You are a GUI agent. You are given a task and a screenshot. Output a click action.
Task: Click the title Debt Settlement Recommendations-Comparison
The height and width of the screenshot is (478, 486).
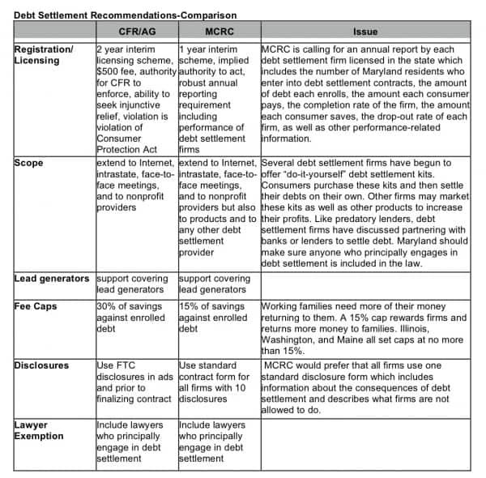[126, 15]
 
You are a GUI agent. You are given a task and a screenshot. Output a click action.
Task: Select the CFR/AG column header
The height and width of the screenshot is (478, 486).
[135, 32]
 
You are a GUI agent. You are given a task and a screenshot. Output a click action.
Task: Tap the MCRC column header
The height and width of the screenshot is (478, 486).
[218, 32]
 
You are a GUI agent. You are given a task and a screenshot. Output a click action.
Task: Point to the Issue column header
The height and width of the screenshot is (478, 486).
[365, 32]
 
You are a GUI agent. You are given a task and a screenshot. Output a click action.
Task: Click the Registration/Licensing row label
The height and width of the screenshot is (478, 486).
[44, 54]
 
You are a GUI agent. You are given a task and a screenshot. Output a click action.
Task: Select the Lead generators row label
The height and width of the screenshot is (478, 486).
[52, 279]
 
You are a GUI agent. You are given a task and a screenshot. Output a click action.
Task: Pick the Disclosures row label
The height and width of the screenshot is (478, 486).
[41, 365]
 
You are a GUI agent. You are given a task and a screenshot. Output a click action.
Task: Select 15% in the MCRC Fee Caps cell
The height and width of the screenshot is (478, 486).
[189, 307]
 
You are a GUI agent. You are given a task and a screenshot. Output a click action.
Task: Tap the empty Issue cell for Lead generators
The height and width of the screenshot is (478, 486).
[365, 284]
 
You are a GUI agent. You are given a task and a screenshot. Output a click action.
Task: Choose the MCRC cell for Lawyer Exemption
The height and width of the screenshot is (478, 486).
[218, 442]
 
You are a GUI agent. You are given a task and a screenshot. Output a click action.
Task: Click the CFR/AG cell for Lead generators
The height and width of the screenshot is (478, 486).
[135, 284]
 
